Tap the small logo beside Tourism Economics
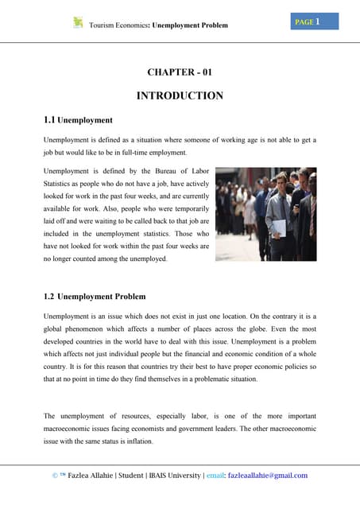pos(78,23)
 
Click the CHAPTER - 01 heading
pos(180,72)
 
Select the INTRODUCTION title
pos(180,96)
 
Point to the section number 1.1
pos(49,120)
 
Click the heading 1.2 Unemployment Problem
pos(95,297)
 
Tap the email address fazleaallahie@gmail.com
pos(266,476)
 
